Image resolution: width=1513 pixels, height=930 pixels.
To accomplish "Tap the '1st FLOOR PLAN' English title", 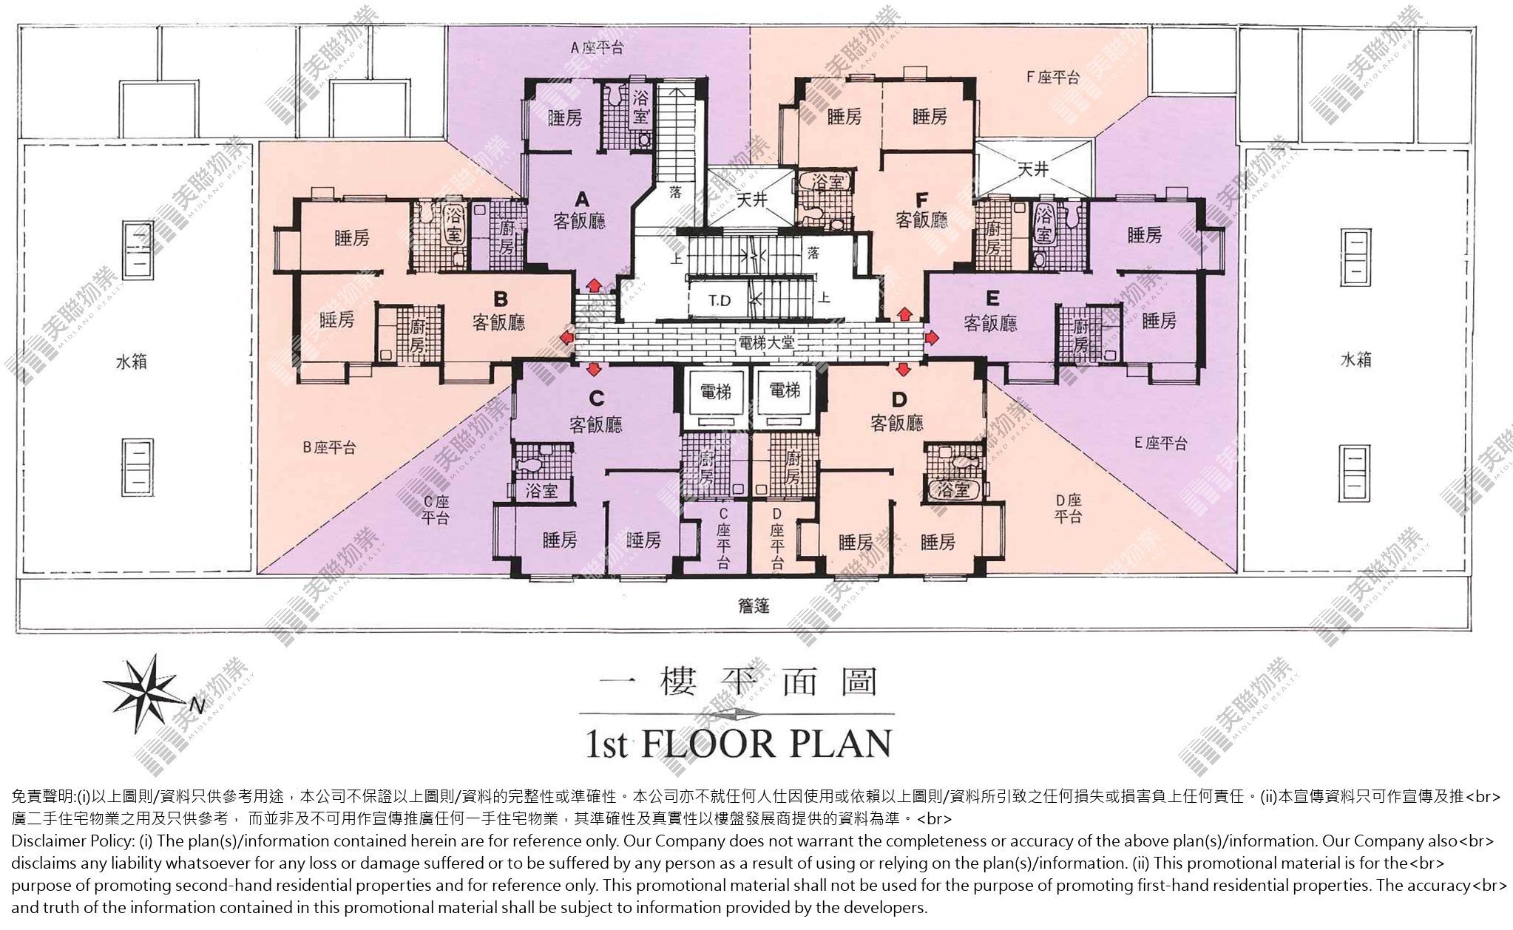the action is pyautogui.click(x=738, y=744).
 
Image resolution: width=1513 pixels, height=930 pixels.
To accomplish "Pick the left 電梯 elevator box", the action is pyautogui.click(x=714, y=397).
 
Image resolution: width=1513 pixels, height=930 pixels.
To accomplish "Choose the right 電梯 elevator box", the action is pyautogui.click(x=784, y=397).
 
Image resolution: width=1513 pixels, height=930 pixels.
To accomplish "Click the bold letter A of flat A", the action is pyautogui.click(x=582, y=199).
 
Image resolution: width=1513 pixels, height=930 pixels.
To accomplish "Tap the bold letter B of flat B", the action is pyautogui.click(x=501, y=299).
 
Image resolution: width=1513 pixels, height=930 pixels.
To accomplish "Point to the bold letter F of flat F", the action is pyautogui.click(x=921, y=200).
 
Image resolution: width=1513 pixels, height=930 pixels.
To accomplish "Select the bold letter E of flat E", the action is pyautogui.click(x=992, y=298).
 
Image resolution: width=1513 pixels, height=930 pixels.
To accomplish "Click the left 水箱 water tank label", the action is pyautogui.click(x=131, y=362).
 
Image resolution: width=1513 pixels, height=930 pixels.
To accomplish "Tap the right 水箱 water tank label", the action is pyautogui.click(x=1355, y=360).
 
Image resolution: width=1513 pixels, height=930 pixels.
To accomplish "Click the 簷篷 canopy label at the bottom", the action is pyautogui.click(x=754, y=606).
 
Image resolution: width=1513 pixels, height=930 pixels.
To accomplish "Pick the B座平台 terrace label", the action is pyautogui.click(x=329, y=447).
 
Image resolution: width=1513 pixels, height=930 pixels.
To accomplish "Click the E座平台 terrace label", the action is pyautogui.click(x=1161, y=444).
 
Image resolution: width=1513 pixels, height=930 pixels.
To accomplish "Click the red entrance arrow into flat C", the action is pyautogui.click(x=593, y=367).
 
